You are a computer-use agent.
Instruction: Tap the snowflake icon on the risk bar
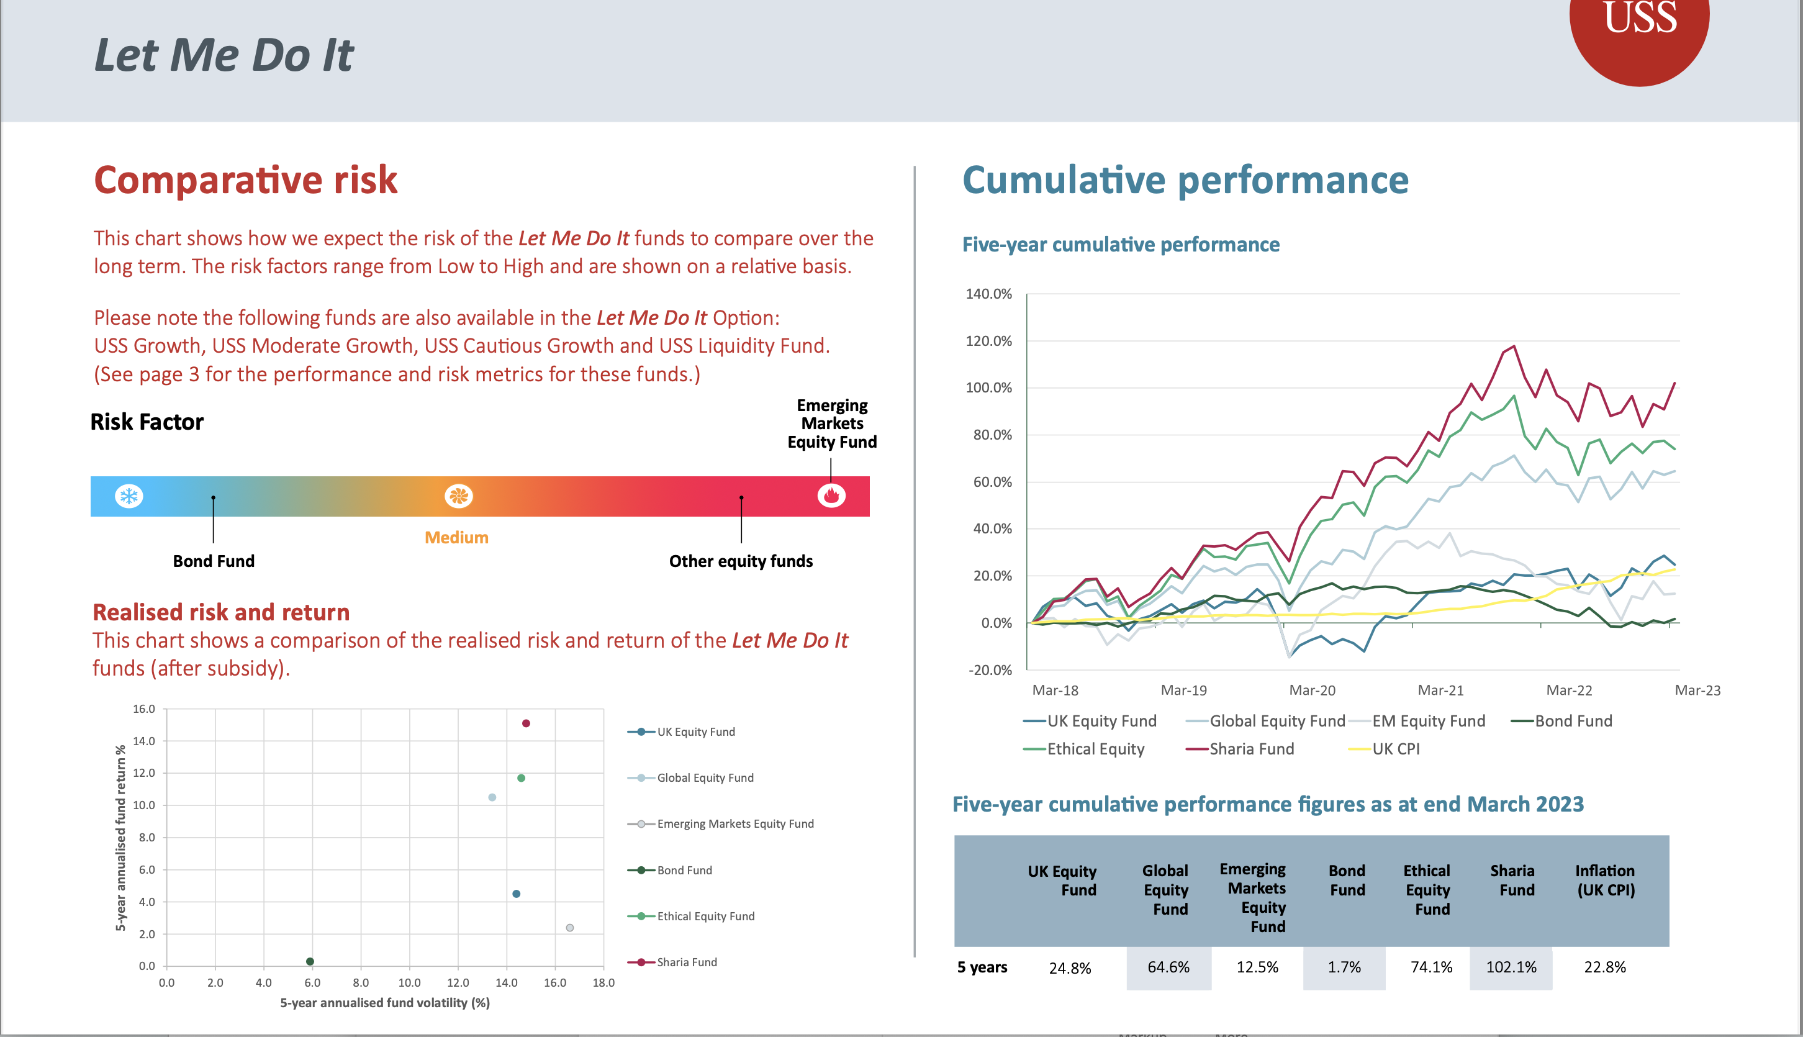129,496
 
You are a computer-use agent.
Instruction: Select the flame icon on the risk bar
831,495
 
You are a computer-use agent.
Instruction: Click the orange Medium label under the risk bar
456,538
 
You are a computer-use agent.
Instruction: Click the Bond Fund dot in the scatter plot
310,961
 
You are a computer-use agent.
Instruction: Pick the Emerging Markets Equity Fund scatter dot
570,927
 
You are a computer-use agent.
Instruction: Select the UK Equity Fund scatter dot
517,894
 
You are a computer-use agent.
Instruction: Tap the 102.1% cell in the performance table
1511,967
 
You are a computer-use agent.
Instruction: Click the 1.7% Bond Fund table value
1344,967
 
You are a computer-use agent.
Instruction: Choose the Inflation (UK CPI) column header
1605,881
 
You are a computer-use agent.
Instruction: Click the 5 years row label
982,967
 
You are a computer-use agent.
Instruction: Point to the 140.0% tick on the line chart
988,294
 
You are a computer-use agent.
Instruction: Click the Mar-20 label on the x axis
1312,690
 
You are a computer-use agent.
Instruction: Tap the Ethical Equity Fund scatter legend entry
705,916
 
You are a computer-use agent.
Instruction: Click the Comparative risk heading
246,179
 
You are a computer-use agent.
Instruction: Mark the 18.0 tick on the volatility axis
603,983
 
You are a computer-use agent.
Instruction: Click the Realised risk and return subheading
222,612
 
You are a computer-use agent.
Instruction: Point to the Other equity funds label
741,561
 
